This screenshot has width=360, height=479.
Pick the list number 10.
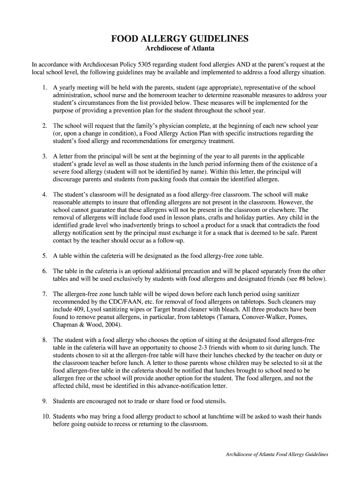pos(46,416)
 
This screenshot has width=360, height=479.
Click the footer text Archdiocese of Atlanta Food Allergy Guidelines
pos(277,454)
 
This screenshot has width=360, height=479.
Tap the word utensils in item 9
pos(213,401)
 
